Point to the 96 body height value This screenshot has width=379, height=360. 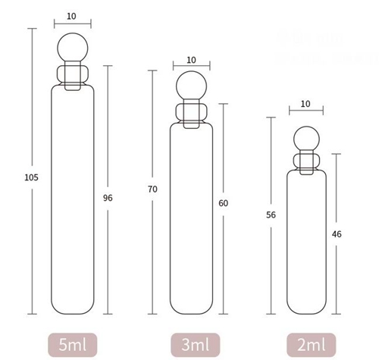click(108, 198)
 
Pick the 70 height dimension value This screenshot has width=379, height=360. click(153, 189)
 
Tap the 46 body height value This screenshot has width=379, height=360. click(337, 234)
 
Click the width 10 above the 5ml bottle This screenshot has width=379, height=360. click(71, 16)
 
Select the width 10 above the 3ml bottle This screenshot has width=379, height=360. click(190, 60)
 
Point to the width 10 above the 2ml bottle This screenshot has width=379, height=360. click(305, 104)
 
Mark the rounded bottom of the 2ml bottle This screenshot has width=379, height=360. click(305, 308)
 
